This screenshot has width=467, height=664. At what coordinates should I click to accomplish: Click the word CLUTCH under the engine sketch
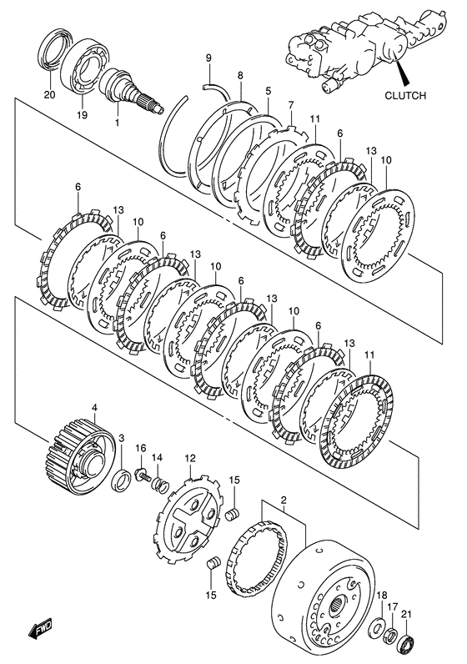tap(404, 96)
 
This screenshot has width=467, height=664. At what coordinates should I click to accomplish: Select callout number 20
tap(49, 95)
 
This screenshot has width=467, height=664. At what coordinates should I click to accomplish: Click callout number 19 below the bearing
tap(82, 115)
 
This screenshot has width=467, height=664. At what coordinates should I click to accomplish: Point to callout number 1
tap(118, 123)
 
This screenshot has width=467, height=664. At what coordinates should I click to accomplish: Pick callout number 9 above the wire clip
tap(208, 58)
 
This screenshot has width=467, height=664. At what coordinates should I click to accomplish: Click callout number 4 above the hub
tap(94, 408)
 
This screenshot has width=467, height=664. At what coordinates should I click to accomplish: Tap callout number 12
tap(190, 458)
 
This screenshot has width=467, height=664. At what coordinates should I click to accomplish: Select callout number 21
tap(406, 614)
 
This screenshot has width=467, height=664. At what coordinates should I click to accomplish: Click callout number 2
tap(284, 501)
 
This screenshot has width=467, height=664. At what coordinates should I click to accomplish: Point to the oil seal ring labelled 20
tap(53, 49)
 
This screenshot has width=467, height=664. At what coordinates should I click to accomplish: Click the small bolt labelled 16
tap(143, 476)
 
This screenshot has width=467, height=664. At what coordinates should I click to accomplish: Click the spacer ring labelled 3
tap(123, 481)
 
